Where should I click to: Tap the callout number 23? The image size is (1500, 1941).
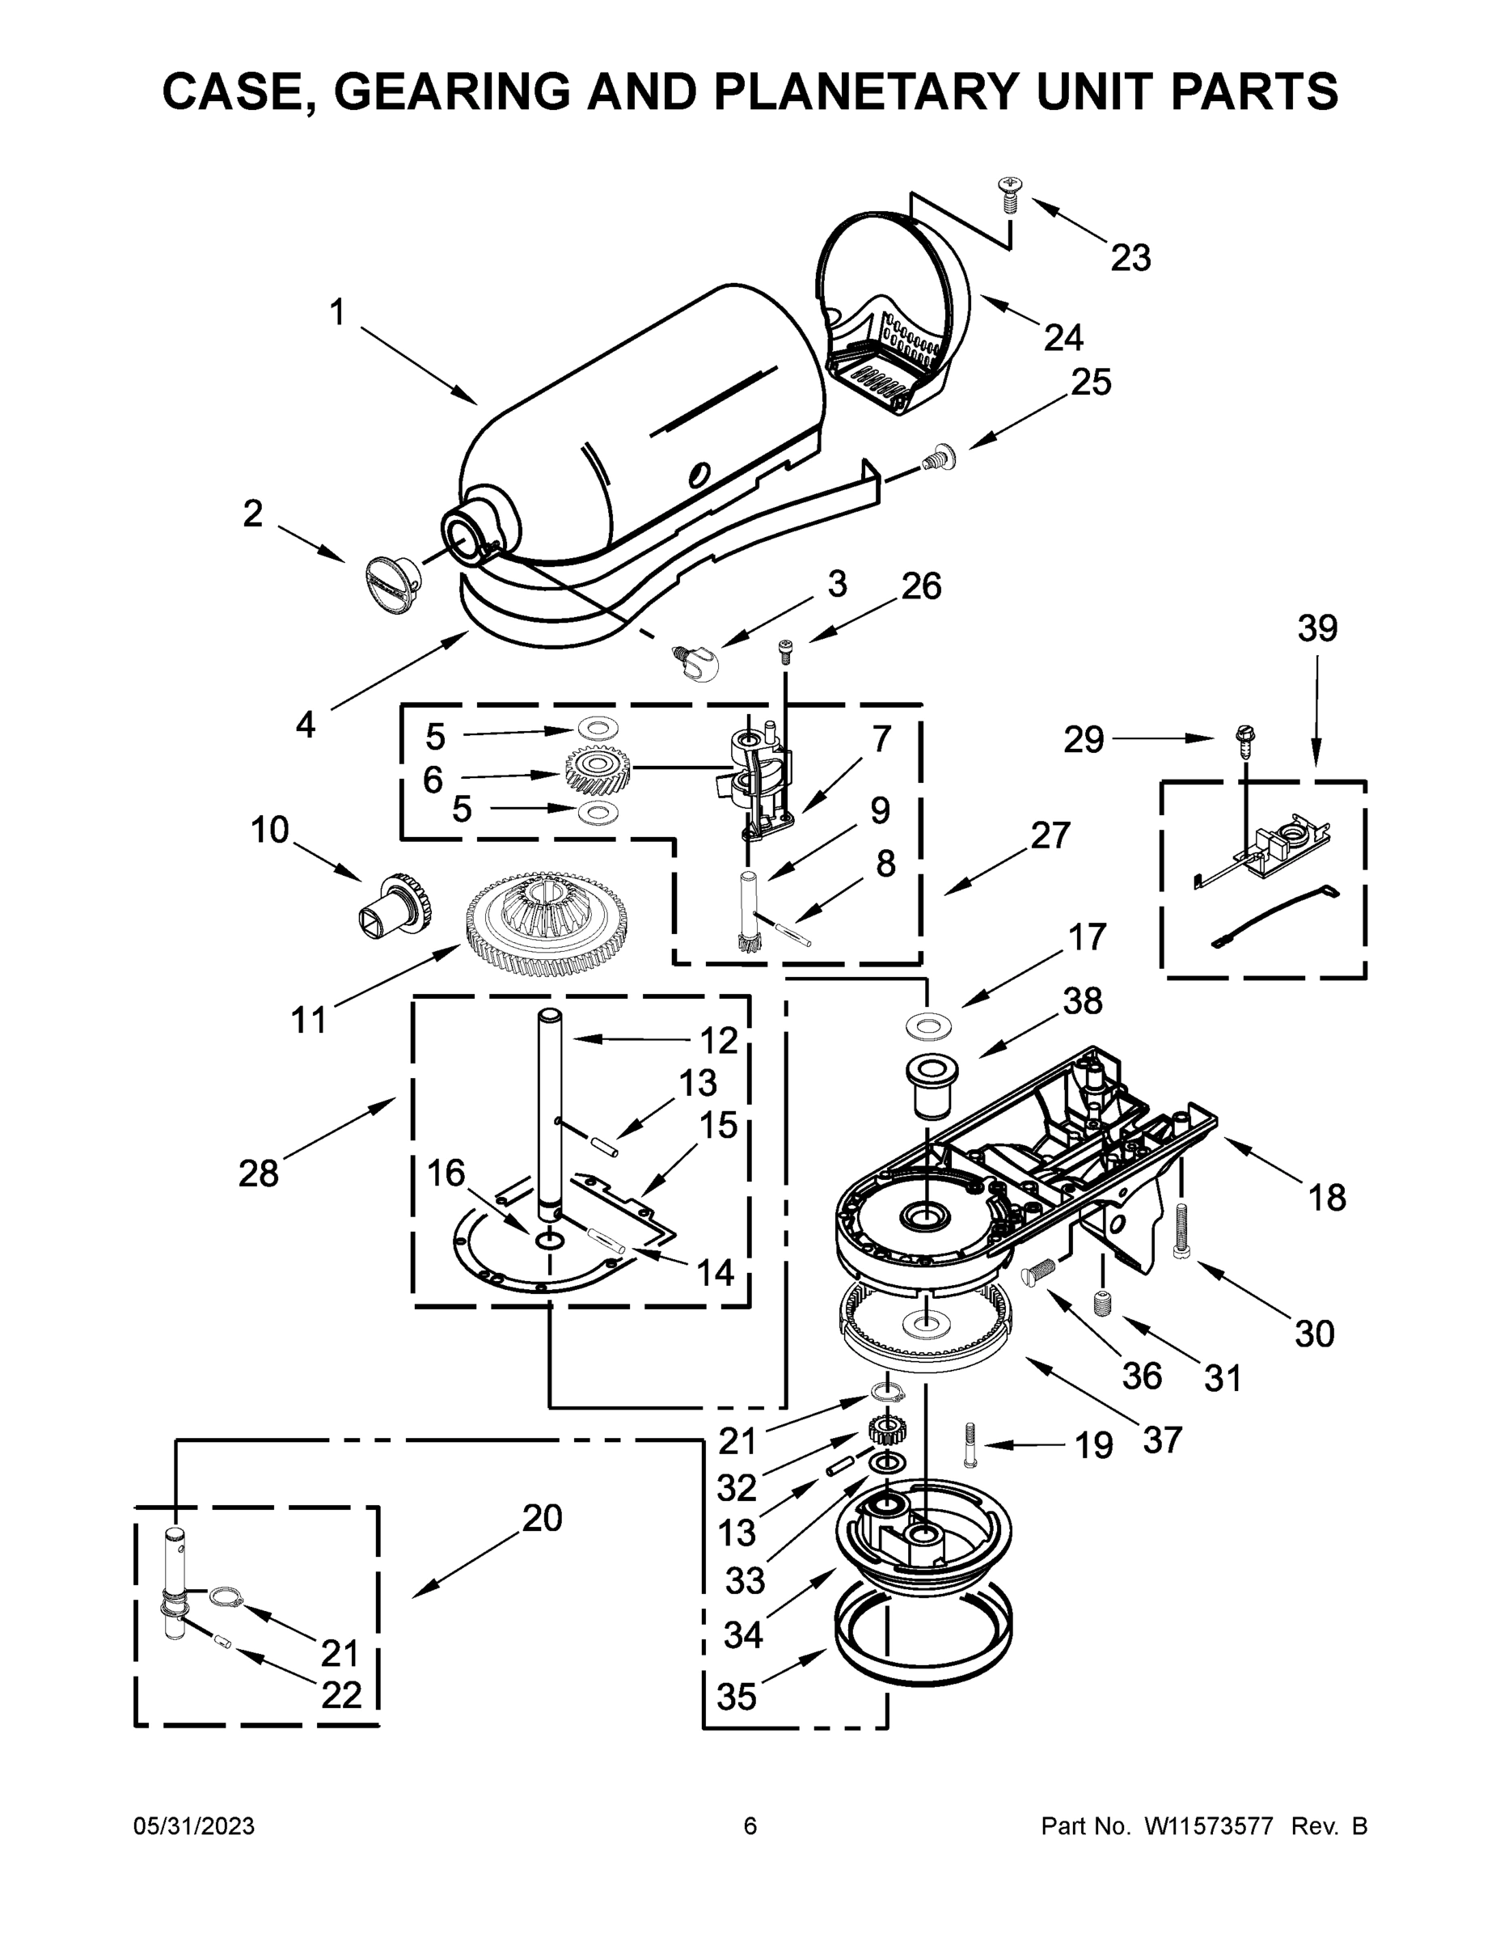[x=1130, y=258]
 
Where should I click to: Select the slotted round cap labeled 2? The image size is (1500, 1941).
[x=391, y=582]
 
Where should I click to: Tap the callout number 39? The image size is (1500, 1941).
[x=1317, y=628]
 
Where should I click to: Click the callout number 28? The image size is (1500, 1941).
[x=259, y=1173]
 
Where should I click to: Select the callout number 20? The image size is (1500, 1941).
[x=542, y=1518]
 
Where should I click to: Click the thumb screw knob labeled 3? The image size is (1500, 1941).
[x=698, y=662]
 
